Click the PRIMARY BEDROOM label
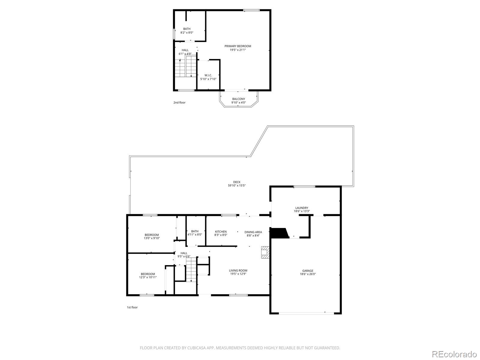[x=238, y=46]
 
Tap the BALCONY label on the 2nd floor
[x=238, y=99]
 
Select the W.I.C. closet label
[x=208, y=75]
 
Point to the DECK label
[x=237, y=182]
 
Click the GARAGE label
[x=307, y=271]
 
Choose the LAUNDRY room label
[x=301, y=208]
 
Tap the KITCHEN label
[x=220, y=232]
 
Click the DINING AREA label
[x=253, y=232]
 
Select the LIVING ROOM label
[x=238, y=271]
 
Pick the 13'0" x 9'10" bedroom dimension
[x=151, y=238]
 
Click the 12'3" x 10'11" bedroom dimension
[x=148, y=277]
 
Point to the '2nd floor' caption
[x=179, y=103]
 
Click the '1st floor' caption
[x=132, y=307]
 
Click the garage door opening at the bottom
[x=306, y=313]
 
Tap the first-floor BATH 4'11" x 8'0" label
[x=195, y=231]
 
